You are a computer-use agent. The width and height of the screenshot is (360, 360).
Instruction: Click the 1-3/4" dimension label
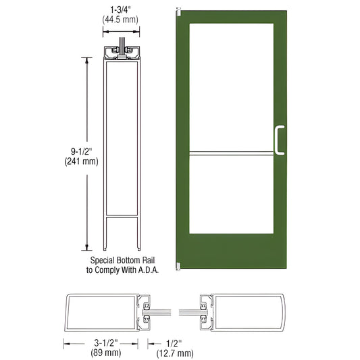point(121,9)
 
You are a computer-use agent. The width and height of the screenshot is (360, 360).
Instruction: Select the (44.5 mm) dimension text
point(121,20)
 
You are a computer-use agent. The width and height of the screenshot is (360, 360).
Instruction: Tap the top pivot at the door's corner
point(177,12)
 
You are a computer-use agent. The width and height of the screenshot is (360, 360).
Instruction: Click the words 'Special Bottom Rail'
point(121,259)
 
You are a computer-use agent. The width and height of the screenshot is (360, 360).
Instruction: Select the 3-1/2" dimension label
point(102,340)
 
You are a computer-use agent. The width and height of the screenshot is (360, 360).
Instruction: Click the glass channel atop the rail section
point(122,51)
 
